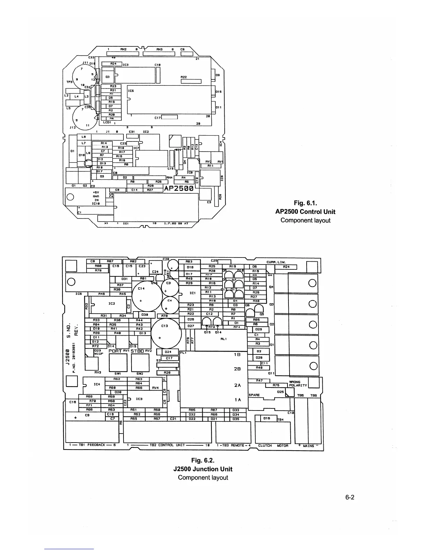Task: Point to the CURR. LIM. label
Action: [276, 262]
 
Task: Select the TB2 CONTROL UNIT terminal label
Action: [167, 445]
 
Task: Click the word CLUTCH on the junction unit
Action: [265, 445]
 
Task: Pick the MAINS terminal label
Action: [308, 445]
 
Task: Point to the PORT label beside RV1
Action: [115, 351]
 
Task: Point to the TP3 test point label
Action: [69, 82]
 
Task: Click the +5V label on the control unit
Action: [97, 192]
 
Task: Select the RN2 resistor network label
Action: [123, 49]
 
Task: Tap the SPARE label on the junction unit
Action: [254, 395]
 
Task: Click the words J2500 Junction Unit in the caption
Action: [203, 469]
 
